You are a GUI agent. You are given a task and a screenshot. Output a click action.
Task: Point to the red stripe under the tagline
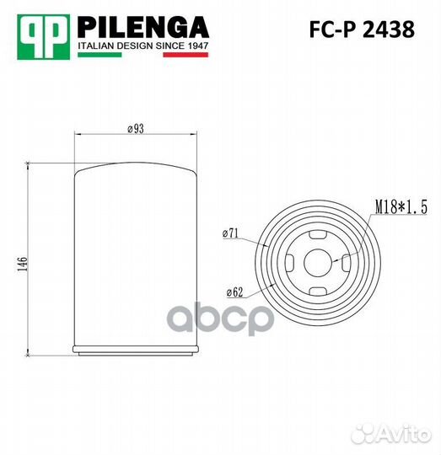pyautogui.click(x=185, y=55)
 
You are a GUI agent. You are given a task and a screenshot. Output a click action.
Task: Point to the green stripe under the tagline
pyautogui.click(x=99, y=55)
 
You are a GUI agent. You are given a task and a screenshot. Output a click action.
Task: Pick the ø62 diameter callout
pyautogui.click(x=234, y=292)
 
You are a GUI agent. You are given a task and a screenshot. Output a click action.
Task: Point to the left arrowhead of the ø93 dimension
pyautogui.click(x=78, y=134)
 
